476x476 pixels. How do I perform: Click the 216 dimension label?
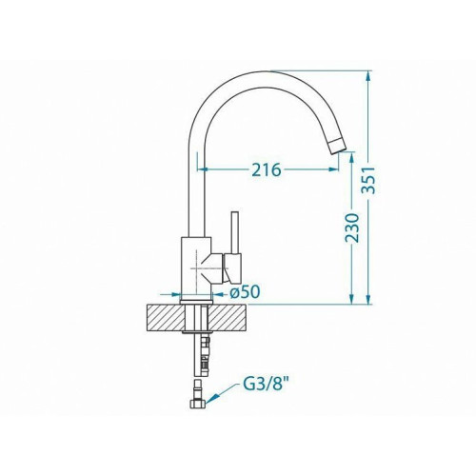tap(267, 169)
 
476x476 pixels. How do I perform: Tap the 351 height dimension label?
tap(369, 180)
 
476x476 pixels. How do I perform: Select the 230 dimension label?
tap(352, 228)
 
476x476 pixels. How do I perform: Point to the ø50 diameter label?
tap(245, 291)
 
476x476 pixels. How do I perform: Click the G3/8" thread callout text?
tap(266, 385)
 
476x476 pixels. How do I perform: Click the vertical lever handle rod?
tap(235, 232)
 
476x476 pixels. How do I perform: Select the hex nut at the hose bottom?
tap(197, 404)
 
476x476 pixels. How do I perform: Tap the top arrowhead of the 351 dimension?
tap(368, 76)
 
